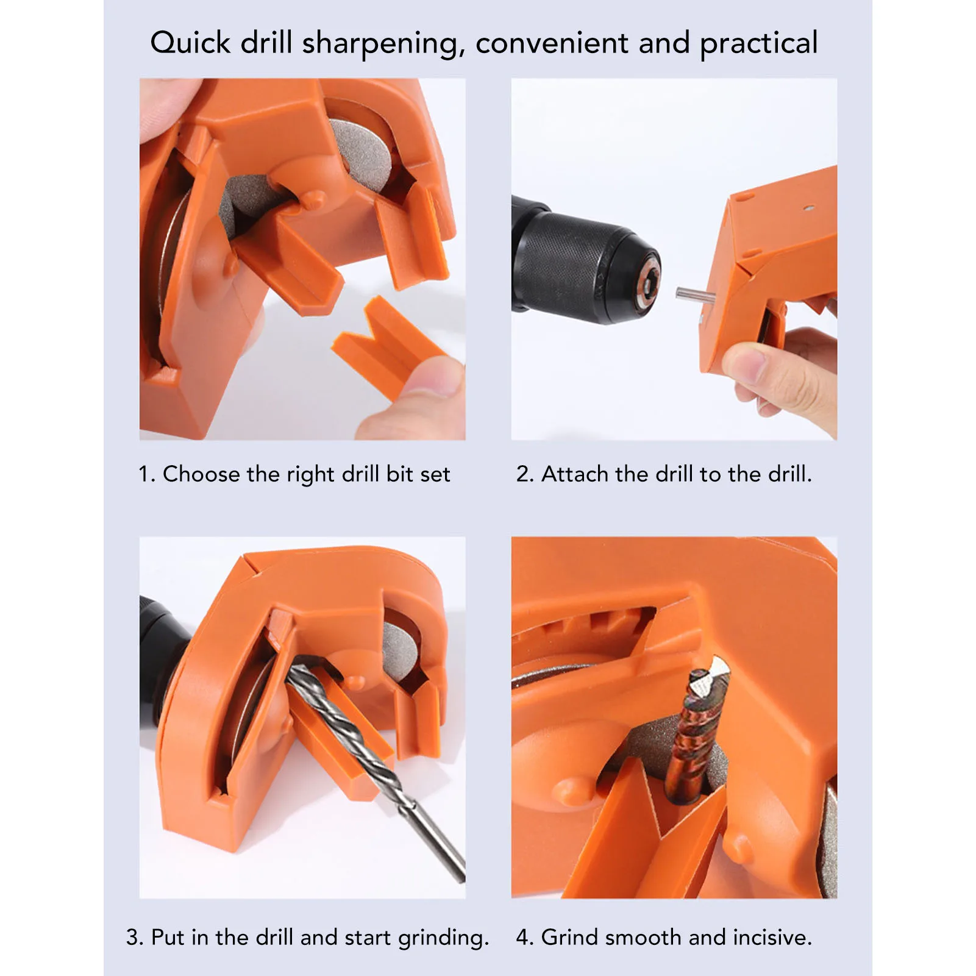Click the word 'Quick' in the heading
click(190, 44)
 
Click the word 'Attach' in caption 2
click(574, 474)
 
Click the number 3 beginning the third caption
click(133, 938)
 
